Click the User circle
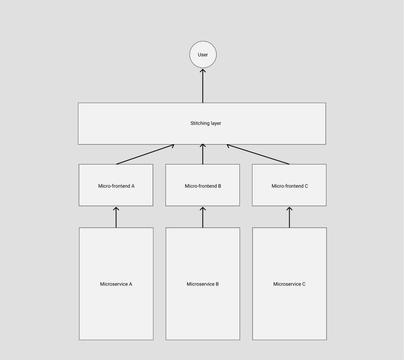[x=203, y=55]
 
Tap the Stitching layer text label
[x=205, y=123]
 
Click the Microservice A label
[x=116, y=284]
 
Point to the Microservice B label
[x=203, y=284]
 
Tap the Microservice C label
[x=289, y=284]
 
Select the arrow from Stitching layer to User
[x=203, y=86]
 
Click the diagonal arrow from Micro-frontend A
[x=145, y=154]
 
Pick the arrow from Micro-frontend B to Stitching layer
[x=203, y=154]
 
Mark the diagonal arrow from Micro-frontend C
[x=258, y=154]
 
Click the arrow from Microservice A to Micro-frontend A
[x=116, y=218]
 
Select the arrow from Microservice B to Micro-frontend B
[x=203, y=218]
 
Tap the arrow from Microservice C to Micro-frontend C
[x=289, y=218]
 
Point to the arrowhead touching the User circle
[x=203, y=70]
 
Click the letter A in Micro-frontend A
[x=133, y=186]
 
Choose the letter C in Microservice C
[x=304, y=284]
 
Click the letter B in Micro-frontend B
[x=220, y=186]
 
